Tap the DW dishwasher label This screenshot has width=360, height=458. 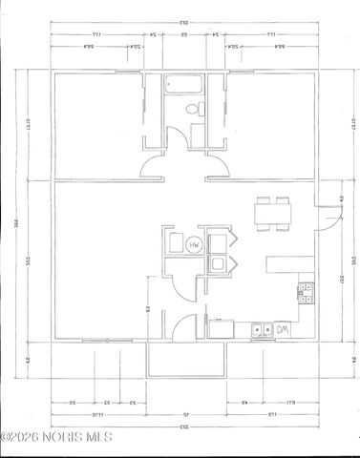284,330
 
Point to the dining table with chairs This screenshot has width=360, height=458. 271,213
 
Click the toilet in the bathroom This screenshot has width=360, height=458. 191,111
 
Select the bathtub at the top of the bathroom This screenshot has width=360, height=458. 182,85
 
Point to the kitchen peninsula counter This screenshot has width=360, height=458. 286,262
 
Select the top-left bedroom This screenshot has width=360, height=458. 95,124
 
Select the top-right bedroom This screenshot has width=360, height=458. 272,124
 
